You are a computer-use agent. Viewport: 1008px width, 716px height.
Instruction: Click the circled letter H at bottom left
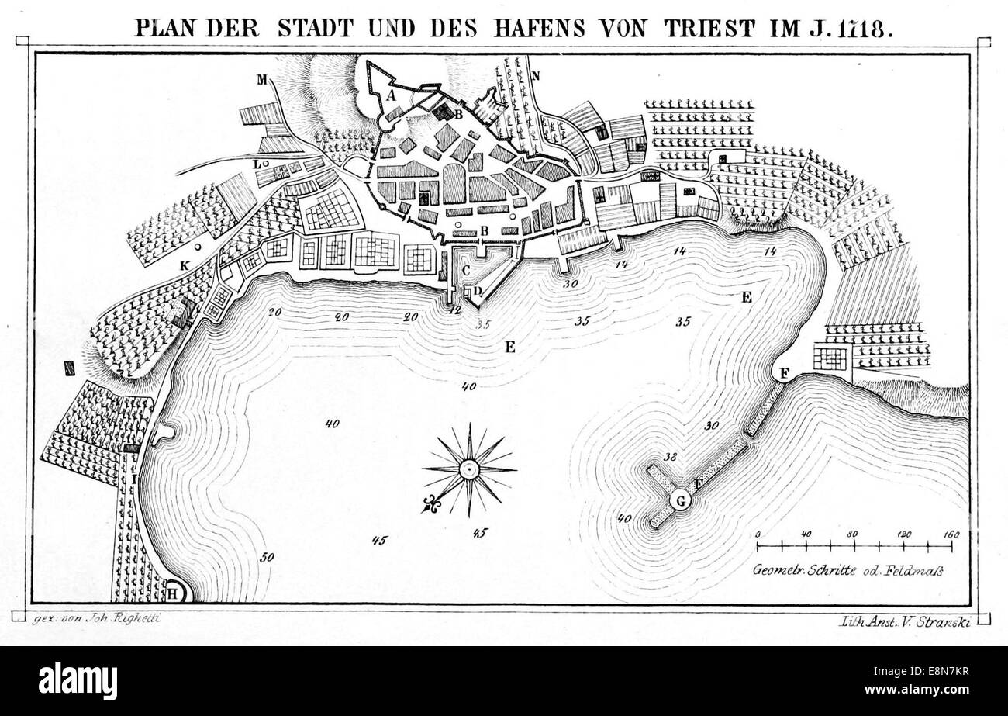[174, 593]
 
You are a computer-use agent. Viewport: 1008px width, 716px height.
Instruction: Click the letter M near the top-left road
[262, 78]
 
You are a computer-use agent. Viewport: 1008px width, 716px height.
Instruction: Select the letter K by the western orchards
[184, 265]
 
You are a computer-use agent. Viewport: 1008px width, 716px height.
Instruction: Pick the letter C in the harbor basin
[466, 270]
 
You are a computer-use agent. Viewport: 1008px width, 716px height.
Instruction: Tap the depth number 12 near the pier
[455, 310]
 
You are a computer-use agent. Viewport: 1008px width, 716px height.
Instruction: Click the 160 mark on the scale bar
[951, 534]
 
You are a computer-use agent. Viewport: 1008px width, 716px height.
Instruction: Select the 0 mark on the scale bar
[757, 534]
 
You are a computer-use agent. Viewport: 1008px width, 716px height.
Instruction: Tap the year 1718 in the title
[862, 26]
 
